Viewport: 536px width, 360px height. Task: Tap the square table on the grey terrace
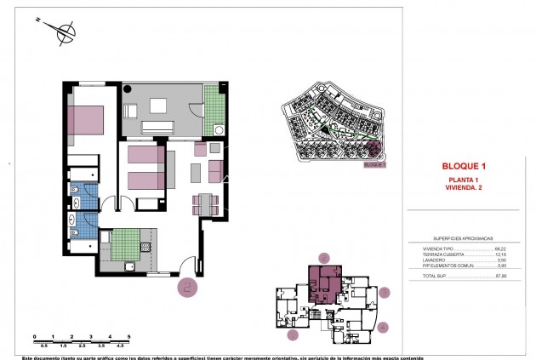[x=158, y=106]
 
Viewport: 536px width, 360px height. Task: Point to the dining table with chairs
[x=207, y=203]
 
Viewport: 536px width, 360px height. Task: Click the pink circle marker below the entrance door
[x=188, y=288]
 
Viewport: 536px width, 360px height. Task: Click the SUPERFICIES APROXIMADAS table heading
[x=464, y=238]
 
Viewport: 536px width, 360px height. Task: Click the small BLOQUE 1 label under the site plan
[x=374, y=165]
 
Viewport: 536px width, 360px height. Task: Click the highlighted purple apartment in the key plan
[x=323, y=281]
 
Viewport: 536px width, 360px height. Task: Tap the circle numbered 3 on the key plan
[x=385, y=292]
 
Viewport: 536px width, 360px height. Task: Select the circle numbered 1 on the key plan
[x=294, y=335]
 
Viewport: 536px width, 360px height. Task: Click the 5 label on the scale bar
[x=128, y=336]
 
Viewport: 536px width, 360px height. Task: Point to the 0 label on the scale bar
[x=34, y=336]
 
